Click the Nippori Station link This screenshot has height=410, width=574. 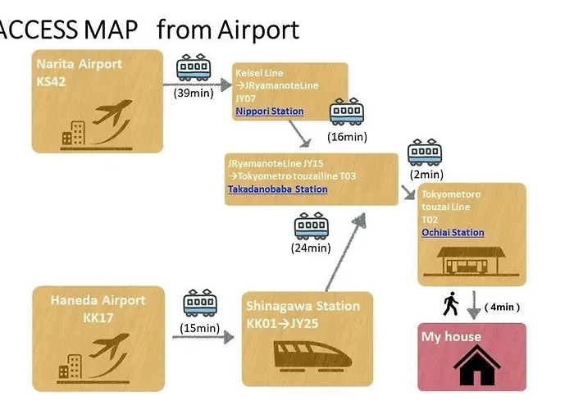tap(270, 112)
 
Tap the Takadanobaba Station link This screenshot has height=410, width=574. tap(278, 189)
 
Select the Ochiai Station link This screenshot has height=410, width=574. tap(453, 232)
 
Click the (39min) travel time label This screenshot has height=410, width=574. tap(194, 93)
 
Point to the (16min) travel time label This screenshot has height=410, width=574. tap(347, 137)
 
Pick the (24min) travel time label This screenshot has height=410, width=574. tap(311, 248)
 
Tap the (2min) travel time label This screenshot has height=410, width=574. tap(426, 174)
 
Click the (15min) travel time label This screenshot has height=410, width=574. tap(200, 328)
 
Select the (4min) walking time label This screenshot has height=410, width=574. tap(502, 307)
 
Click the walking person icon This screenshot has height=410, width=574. tap(451, 303)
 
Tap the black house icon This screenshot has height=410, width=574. tap(476, 366)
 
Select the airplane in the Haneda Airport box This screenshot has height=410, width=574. tap(109, 345)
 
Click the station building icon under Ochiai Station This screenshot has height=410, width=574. tap(471, 261)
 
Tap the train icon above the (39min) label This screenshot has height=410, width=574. tap(194, 67)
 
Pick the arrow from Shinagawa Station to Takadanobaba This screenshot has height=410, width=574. tap(345, 253)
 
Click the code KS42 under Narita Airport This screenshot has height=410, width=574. tap(51, 81)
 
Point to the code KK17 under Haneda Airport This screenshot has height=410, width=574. tap(98, 317)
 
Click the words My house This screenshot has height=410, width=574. tap(451, 336)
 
